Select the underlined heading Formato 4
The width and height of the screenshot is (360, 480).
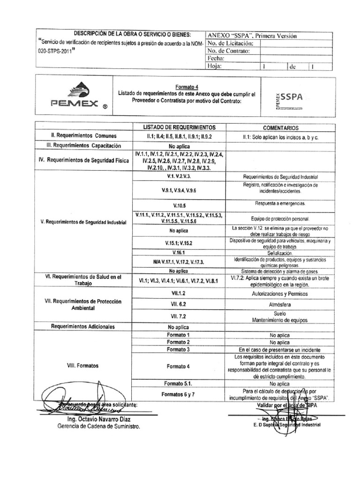[186, 87]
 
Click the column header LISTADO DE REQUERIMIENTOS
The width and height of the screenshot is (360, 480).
[179, 127]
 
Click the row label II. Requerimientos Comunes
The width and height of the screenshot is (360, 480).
[82, 135]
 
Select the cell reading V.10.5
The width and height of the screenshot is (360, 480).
[179, 205]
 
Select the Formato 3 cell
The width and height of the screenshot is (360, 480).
[179, 350]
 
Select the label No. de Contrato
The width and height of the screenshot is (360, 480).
[229, 51]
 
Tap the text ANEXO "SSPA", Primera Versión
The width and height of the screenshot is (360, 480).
[252, 36]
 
